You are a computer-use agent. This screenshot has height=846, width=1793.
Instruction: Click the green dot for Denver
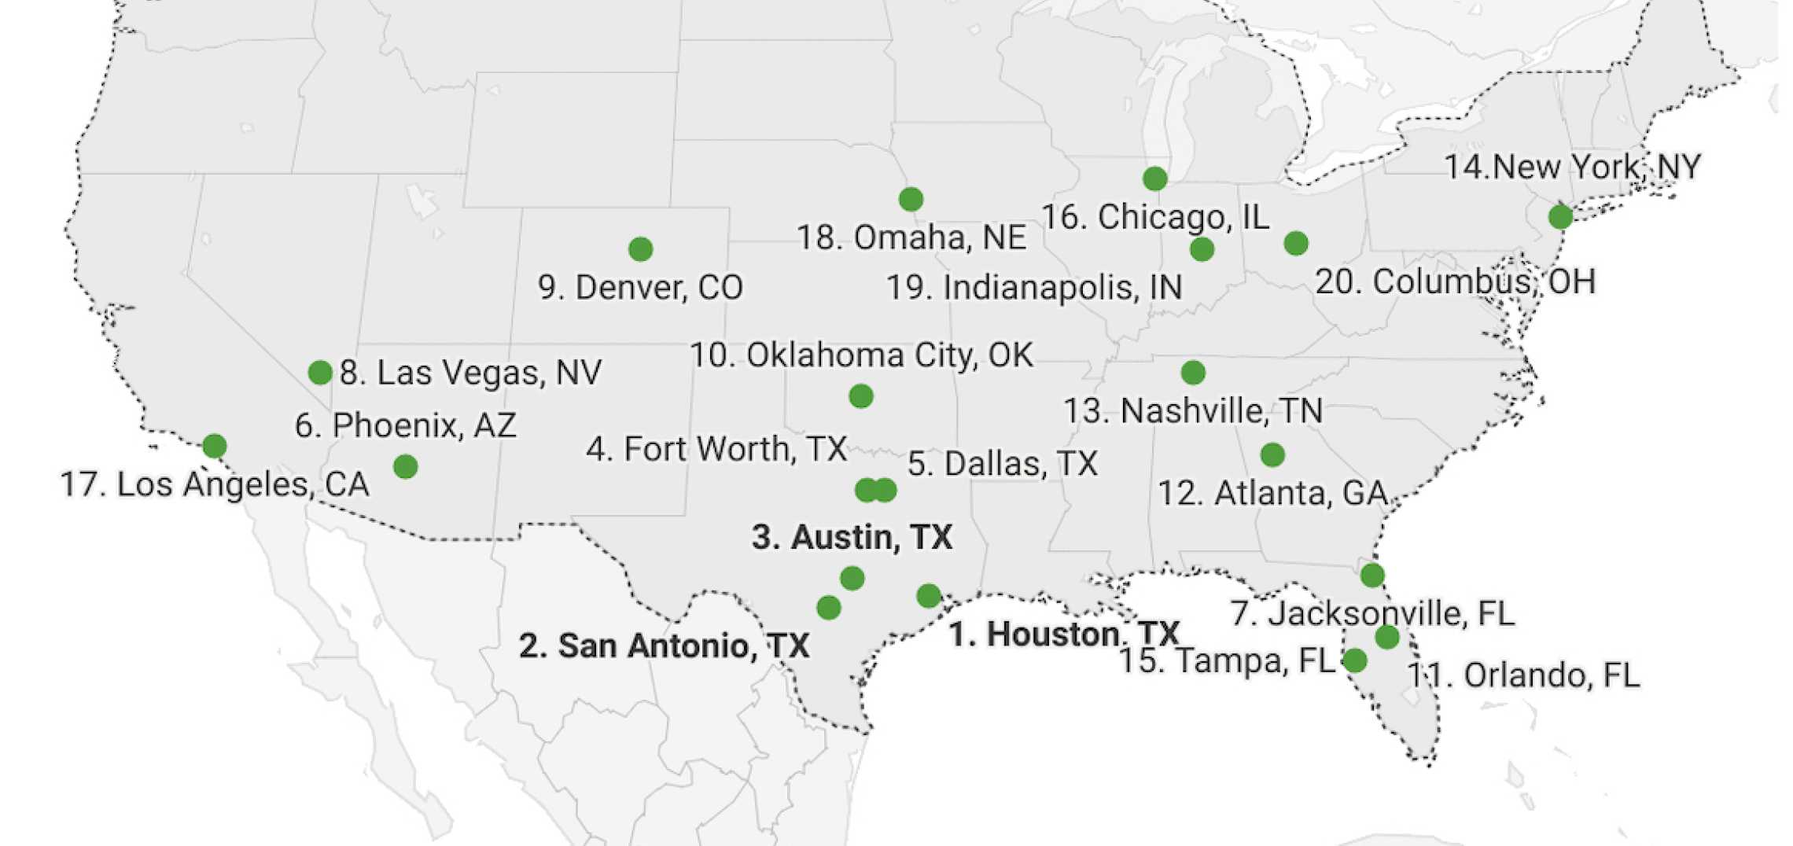640,249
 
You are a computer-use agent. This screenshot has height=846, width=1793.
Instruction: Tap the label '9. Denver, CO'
640,288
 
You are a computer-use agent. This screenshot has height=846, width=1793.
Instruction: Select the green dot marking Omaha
911,199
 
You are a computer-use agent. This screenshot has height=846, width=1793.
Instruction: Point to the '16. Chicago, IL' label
1155,218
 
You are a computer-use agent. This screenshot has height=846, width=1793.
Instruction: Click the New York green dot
1560,216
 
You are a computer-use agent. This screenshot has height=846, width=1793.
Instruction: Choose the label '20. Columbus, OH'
1455,282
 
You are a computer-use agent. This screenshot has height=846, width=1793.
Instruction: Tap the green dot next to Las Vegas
320,372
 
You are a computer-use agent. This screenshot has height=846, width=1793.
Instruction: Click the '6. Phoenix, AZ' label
406,426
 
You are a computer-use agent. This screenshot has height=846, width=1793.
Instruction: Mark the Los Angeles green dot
215,446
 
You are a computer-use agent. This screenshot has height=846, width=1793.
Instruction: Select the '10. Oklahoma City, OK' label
861,355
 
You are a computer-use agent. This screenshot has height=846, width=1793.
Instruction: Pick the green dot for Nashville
1193,372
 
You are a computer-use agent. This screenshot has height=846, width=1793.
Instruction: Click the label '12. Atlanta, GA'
1272,494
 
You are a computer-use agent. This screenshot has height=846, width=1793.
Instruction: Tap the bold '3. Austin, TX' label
852,538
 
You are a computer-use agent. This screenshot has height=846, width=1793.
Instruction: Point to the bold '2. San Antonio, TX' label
664,646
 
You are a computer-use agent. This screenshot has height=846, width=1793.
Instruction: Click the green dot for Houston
929,596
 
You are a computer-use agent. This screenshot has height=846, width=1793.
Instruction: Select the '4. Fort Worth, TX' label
716,450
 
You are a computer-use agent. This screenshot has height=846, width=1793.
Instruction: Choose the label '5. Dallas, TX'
1002,464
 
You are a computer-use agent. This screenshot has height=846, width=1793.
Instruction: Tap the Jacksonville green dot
1372,576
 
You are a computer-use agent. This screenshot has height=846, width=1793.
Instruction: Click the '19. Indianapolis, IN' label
1034,288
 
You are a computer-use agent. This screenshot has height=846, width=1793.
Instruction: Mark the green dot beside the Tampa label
1354,660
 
